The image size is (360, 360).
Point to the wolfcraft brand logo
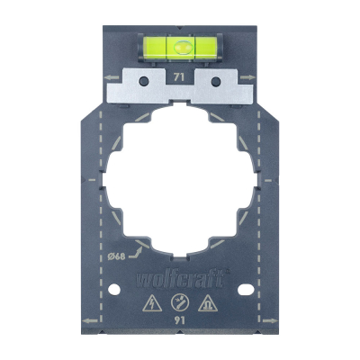click(x=180, y=279)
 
